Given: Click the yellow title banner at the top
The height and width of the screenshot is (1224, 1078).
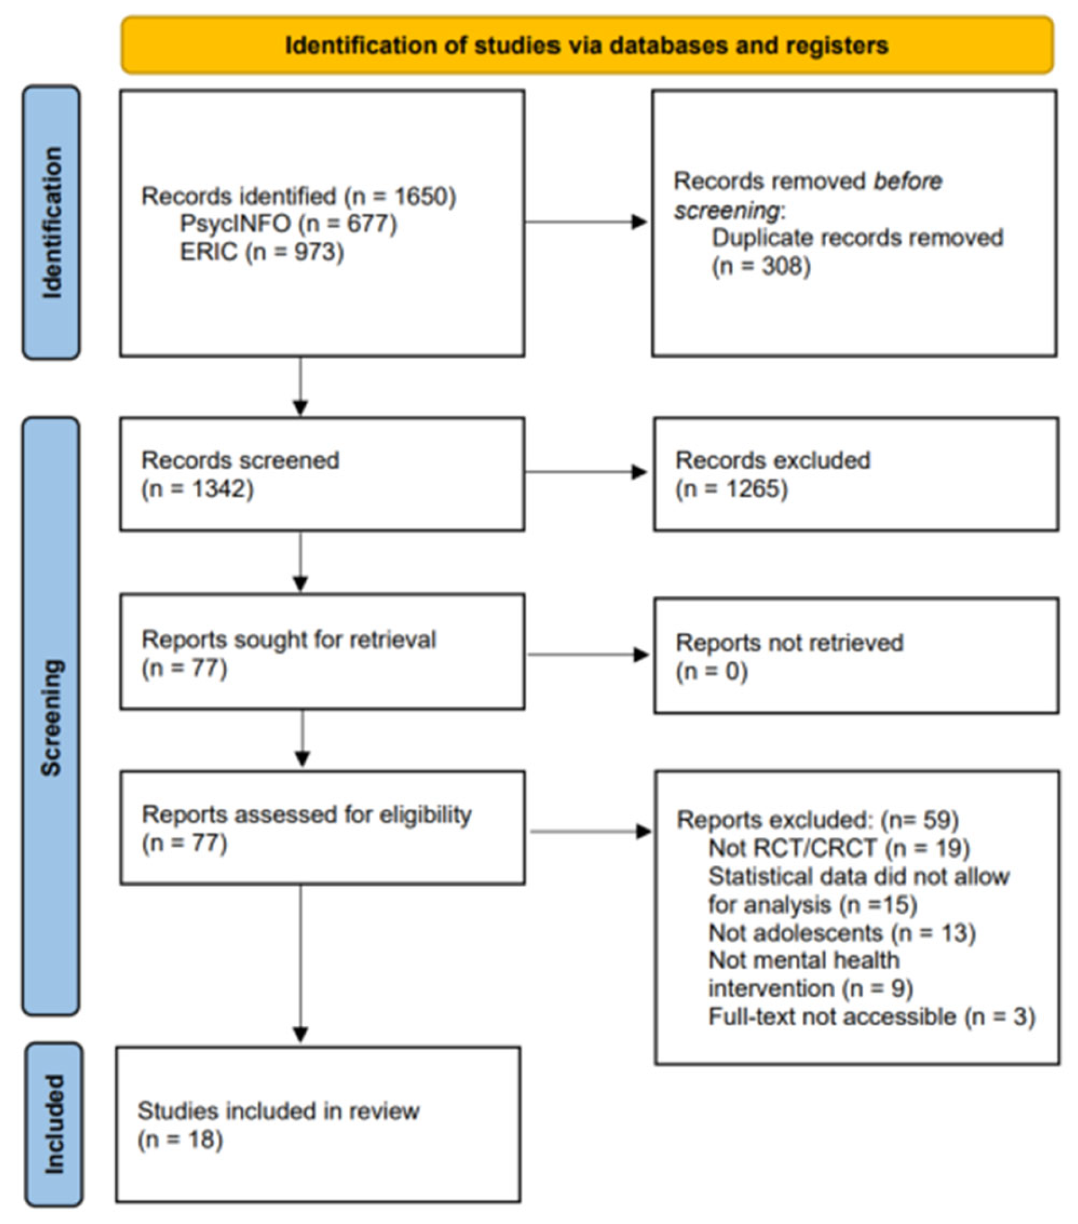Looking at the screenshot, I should click(587, 45).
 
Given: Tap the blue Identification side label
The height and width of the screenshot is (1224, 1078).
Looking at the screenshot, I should click(52, 222).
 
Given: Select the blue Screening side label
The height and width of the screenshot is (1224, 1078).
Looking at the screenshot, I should click(52, 717).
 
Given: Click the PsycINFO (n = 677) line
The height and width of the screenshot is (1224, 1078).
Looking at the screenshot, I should click(288, 224).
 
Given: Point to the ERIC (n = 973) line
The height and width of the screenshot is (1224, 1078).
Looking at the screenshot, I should click(262, 252).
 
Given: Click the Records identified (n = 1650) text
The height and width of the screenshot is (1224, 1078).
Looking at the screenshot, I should click(298, 197).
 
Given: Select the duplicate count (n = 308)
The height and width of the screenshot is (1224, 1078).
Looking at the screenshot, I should click(761, 266).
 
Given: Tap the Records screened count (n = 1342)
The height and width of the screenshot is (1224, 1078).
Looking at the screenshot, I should click(198, 488).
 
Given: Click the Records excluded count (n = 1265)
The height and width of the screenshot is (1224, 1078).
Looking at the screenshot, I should click(731, 488).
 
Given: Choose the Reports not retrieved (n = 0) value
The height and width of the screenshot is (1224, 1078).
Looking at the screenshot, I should click(712, 671).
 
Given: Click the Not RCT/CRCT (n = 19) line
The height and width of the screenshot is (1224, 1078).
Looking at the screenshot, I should click(838, 847).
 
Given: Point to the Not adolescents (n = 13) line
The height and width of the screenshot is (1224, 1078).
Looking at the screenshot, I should click(841, 932).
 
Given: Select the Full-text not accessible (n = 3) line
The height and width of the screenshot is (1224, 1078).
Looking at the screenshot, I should click(871, 1016).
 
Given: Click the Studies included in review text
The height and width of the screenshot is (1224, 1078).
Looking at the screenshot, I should click(279, 1111).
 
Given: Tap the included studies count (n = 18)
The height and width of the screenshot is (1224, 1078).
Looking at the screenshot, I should click(180, 1140).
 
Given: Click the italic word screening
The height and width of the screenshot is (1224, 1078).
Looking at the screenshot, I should click(726, 210).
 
